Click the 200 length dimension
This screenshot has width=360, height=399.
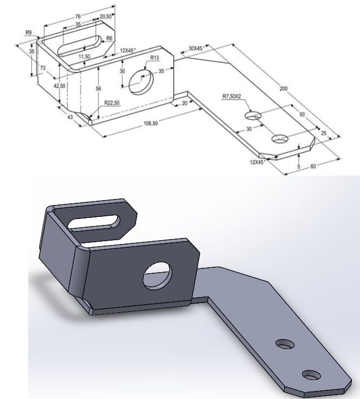point(284,88)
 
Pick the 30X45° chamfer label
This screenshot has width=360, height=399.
point(195,49)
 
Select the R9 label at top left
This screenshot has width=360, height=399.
point(29,33)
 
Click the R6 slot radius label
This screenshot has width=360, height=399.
point(109,38)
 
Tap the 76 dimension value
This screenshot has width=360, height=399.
point(78,17)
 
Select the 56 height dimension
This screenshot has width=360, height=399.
point(98,88)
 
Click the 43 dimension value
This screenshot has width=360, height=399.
point(69,117)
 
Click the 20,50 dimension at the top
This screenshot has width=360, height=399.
point(106,17)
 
